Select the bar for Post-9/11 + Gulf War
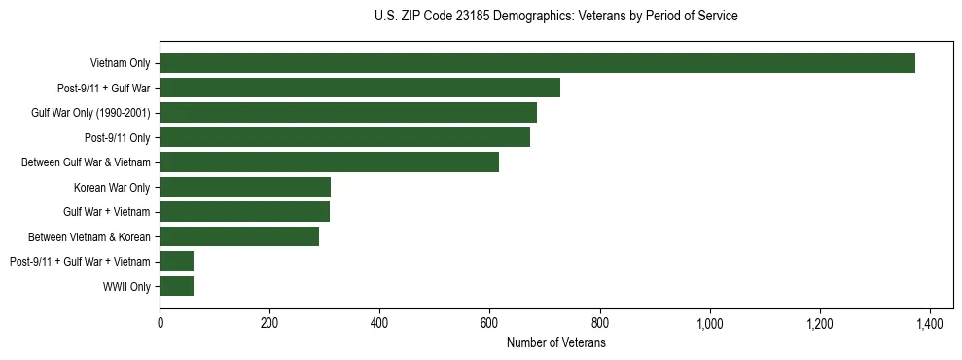coord(360,88)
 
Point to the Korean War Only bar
coord(245,187)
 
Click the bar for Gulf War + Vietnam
coord(244,211)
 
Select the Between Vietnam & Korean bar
coord(239,236)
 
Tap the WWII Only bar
coord(176,286)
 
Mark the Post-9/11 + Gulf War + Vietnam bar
coord(176,261)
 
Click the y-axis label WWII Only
coord(126,286)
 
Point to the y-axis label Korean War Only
coord(112,187)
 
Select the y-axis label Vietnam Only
coord(120,63)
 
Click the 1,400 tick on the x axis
coord(930,323)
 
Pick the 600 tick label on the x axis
coord(489,323)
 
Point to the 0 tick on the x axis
coord(160,323)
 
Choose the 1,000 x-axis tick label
coord(710,323)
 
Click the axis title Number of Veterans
coord(555,342)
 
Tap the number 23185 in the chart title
coord(470,17)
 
